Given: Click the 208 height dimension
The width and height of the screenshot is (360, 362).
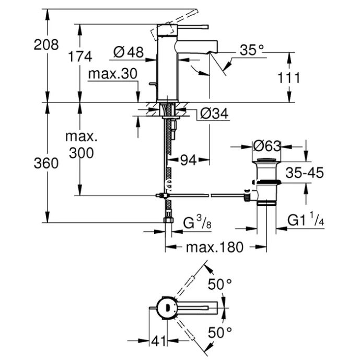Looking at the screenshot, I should click(x=46, y=45).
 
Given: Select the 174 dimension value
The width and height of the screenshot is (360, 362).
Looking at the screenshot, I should click(x=79, y=56).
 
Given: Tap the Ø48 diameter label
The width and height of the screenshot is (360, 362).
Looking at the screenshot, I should click(x=128, y=52).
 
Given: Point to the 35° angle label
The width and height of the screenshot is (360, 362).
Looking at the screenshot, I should click(x=252, y=50).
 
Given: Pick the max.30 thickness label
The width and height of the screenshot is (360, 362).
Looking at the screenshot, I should click(x=112, y=74).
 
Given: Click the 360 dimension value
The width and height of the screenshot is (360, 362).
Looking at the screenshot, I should click(x=45, y=163).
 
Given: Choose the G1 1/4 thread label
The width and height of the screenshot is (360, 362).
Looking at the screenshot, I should click(x=306, y=221).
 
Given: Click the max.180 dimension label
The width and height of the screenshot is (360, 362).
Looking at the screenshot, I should click(x=214, y=247).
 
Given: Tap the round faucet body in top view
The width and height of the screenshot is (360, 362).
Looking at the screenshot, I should click(x=166, y=308).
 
